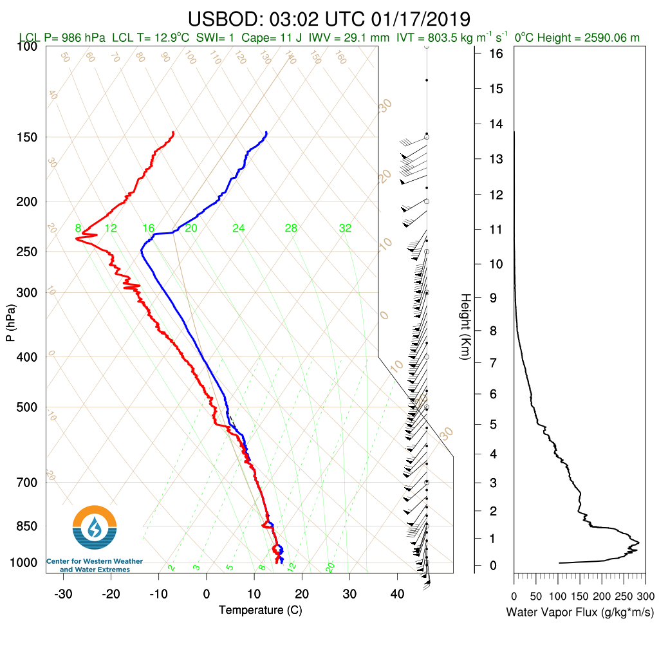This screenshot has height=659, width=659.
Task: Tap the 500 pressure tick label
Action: pyautogui.click(x=28, y=407)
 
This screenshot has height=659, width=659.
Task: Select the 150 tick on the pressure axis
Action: pyautogui.click(x=28, y=137)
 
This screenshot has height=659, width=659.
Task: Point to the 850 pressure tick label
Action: pyautogui.click(x=28, y=526)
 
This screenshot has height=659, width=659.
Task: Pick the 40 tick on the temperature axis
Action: pyautogui.click(x=397, y=593)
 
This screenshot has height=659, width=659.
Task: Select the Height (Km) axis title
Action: pyautogui.click(x=465, y=327)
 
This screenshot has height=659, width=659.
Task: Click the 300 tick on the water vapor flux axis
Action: pyautogui.click(x=646, y=596)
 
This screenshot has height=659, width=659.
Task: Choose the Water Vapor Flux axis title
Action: pyautogui.click(x=580, y=611)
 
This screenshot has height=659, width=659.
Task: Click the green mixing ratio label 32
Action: pyautogui.click(x=345, y=228)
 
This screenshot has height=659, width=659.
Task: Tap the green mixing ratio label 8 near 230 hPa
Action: pyautogui.click(x=78, y=228)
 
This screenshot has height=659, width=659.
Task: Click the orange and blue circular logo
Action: pyautogui.click(x=95, y=527)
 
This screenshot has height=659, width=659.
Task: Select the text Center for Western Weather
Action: pyautogui.click(x=95, y=562)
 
